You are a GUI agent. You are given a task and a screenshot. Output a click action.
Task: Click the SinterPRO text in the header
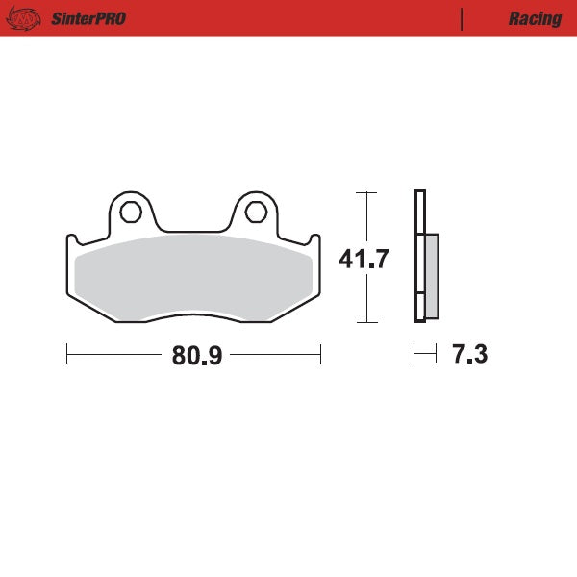tap(90, 18)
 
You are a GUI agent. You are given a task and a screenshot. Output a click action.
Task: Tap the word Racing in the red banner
tap(536, 18)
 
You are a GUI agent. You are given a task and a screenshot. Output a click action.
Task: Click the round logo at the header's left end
tap(28, 18)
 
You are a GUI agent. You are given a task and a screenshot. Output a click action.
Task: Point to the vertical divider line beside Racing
tap(463, 18)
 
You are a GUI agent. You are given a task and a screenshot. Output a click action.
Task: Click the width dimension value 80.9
tap(197, 356)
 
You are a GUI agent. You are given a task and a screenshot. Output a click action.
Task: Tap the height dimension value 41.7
tap(364, 259)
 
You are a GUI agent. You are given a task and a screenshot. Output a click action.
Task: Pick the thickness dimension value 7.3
tap(469, 355)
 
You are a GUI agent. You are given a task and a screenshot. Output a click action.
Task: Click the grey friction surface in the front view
tap(192, 274)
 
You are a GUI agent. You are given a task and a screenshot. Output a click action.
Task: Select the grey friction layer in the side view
tap(431, 276)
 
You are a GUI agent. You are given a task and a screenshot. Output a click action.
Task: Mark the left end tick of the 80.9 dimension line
tap(66, 355)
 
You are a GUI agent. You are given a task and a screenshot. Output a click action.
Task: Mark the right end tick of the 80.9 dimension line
tap(320, 355)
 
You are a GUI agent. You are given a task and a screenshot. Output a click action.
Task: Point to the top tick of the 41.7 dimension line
tap(364, 192)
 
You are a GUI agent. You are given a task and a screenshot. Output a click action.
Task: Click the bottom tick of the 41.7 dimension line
tap(364, 322)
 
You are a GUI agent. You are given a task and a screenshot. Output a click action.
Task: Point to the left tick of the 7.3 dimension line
tap(414, 355)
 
